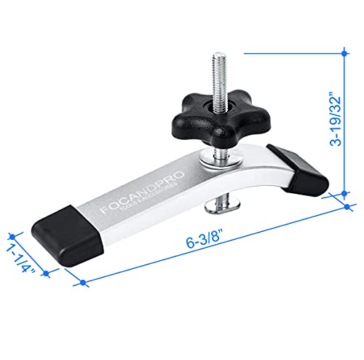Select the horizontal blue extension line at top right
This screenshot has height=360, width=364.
(x=291, y=52)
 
